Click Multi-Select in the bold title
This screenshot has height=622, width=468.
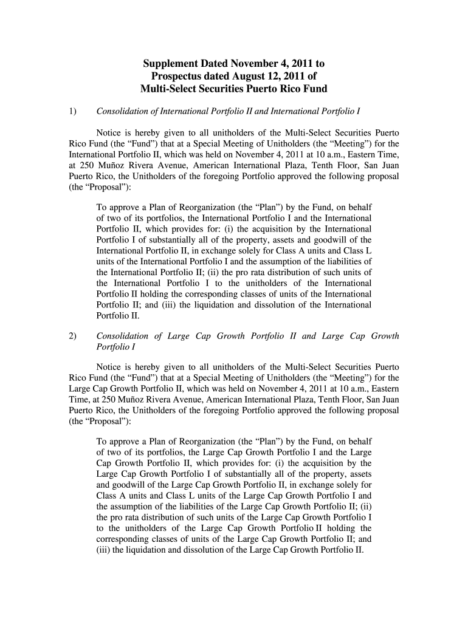tap(169, 89)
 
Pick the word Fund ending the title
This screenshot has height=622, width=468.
tap(314, 89)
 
